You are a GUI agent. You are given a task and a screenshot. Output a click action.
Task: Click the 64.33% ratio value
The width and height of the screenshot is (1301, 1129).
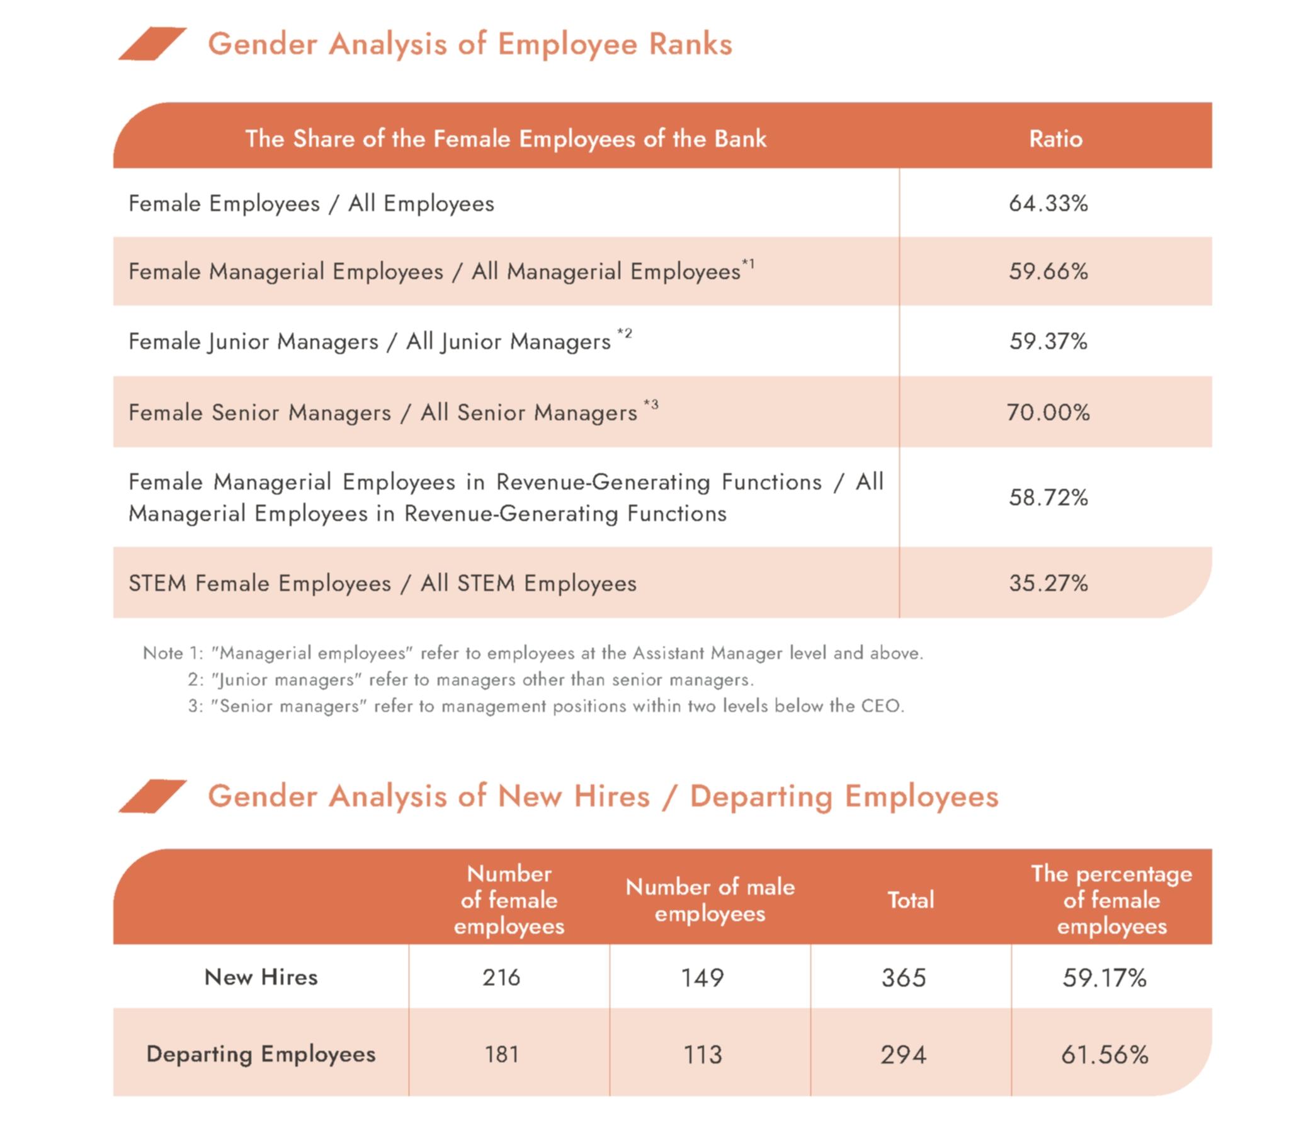click(x=1048, y=203)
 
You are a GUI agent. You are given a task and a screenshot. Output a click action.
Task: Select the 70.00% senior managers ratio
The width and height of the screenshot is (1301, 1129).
click(x=1048, y=413)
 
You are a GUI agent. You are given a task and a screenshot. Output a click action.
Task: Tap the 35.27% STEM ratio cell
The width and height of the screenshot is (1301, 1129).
click(x=1048, y=583)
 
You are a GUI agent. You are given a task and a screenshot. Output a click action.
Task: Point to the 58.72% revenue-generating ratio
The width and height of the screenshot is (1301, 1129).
click(x=1048, y=498)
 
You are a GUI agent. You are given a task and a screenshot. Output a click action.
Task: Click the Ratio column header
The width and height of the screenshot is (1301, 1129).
click(x=1055, y=139)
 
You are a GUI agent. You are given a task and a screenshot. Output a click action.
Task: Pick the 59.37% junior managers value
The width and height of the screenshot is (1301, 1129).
click(x=1048, y=341)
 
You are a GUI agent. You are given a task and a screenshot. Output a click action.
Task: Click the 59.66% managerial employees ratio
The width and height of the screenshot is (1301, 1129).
click(x=1048, y=272)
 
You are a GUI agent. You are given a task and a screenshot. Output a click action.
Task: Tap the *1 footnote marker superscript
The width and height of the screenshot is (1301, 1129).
click(x=748, y=263)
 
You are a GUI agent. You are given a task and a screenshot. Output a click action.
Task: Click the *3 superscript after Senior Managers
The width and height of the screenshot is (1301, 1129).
click(x=651, y=404)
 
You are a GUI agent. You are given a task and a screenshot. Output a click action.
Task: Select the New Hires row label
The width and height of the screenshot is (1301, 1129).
click(x=261, y=977)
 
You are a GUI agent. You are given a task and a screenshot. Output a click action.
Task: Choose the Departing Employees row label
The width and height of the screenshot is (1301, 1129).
click(x=261, y=1054)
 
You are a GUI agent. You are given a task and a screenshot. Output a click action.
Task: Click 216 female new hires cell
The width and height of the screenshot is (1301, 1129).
click(x=501, y=978)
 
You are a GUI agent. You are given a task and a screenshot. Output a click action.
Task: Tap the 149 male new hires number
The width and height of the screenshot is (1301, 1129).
click(x=702, y=978)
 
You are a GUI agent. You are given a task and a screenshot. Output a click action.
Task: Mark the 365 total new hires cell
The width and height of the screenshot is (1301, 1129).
click(x=904, y=978)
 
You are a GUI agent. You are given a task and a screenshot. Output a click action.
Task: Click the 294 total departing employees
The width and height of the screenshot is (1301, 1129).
click(x=904, y=1055)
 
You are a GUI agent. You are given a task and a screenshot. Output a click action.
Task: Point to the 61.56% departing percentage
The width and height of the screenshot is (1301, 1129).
click(x=1105, y=1055)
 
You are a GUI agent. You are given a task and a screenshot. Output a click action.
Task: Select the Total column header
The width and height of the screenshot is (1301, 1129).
click(x=911, y=900)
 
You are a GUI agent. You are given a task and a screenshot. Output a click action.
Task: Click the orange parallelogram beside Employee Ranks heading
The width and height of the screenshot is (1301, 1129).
click(x=152, y=44)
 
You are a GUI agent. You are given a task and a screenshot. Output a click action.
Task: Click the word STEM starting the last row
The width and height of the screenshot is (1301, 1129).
click(x=157, y=583)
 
